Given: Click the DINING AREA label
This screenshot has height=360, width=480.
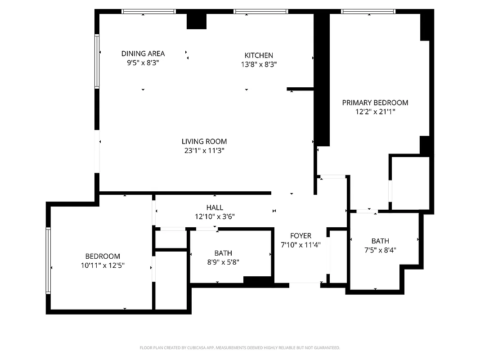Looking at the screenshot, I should pyautogui.click(x=143, y=54).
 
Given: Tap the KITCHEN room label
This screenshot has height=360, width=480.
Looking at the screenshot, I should pyautogui.click(x=259, y=55).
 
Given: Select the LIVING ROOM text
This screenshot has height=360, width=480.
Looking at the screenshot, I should pyautogui.click(x=204, y=141).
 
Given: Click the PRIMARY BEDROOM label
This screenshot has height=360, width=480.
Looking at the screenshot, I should pyautogui.click(x=375, y=103).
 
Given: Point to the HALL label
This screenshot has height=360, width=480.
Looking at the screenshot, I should pyautogui.click(x=215, y=207).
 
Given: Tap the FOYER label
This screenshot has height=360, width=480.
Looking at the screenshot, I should pyautogui.click(x=301, y=236).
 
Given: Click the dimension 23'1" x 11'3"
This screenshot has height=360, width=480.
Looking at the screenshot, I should pyautogui.click(x=204, y=151).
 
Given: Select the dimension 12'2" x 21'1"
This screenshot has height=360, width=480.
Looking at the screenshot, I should pyautogui.click(x=375, y=112).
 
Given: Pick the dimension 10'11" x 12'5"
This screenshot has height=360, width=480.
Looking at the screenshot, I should pyautogui.click(x=103, y=265).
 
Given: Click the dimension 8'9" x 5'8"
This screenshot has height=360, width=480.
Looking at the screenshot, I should pyautogui.click(x=223, y=262).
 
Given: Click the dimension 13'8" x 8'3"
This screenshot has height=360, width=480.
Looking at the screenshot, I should pyautogui.click(x=259, y=64).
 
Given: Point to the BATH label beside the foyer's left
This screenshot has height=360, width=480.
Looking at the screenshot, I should pyautogui.click(x=223, y=253).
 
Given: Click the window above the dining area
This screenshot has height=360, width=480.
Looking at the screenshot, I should pyautogui.click(x=149, y=12).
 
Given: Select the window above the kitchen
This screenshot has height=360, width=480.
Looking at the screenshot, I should pyautogui.click(x=260, y=12).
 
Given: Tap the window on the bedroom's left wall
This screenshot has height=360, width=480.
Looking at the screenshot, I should pyautogui.click(x=48, y=261).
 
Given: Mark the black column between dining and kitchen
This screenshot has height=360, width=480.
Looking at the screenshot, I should pyautogui.click(x=196, y=21).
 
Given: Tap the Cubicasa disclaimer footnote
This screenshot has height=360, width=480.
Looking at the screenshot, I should pyautogui.click(x=240, y=348).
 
